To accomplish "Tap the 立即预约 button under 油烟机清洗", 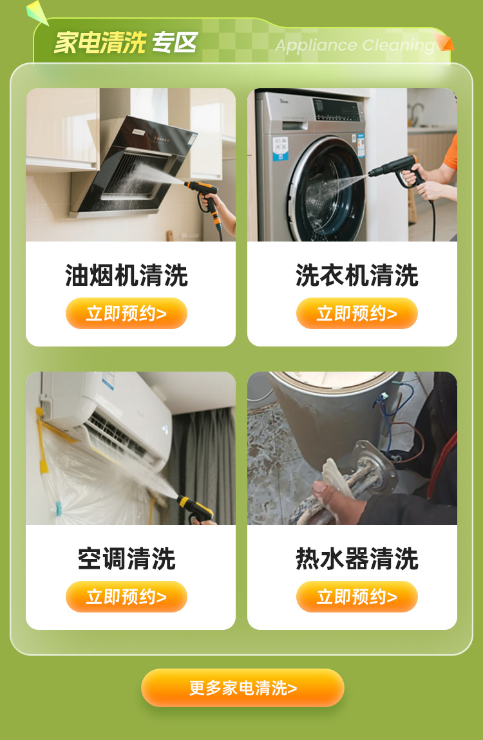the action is point(126,314).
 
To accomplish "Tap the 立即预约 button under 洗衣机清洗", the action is point(357,314).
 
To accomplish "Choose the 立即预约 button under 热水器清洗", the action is point(357,596).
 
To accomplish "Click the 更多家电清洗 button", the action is point(243,688).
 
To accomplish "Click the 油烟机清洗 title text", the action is point(126,275).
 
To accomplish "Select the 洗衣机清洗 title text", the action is point(357,275).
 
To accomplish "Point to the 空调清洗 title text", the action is point(126,558).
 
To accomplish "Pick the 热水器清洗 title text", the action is point(357,558).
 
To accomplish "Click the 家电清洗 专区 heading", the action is point(126,43).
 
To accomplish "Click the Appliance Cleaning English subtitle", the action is point(355,45).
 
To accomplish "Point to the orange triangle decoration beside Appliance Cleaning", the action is point(444,41).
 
